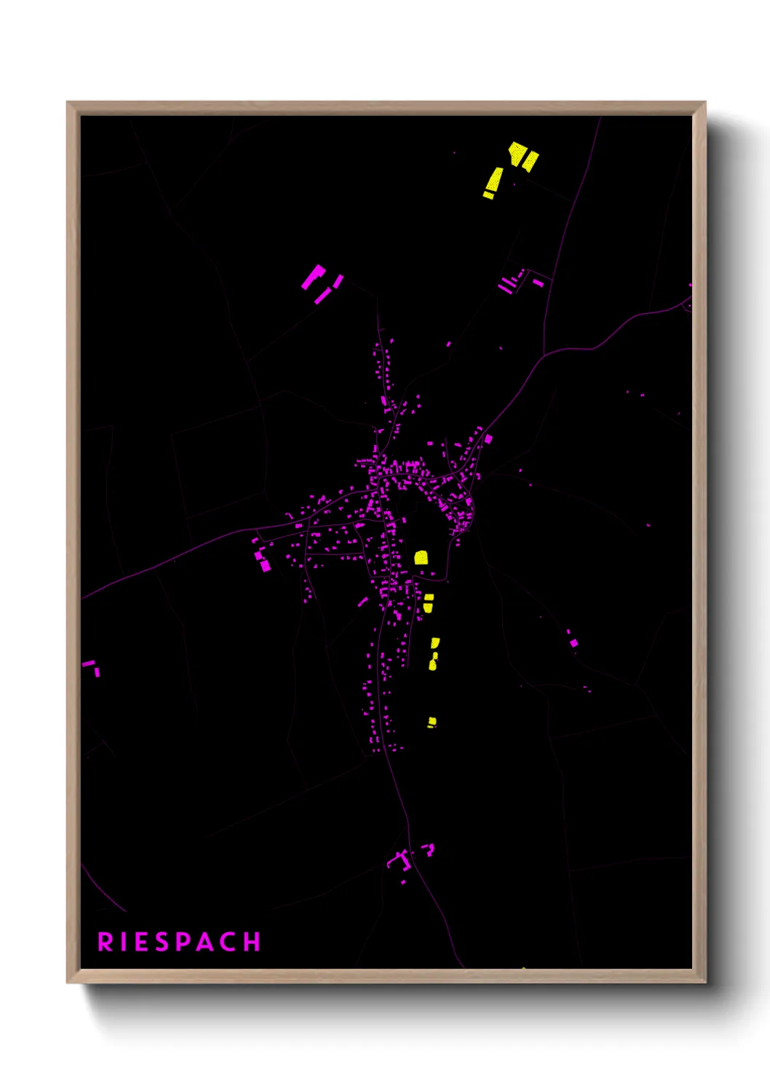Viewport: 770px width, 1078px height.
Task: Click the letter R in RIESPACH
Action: pos(106,942)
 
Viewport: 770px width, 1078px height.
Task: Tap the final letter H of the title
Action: pos(252,942)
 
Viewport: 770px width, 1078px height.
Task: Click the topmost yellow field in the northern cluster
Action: pos(517,154)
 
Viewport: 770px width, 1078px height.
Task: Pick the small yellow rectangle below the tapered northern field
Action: pos(488,195)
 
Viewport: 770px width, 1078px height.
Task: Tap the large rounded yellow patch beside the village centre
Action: pos(421,558)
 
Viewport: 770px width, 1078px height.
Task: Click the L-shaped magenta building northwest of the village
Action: pos(314,276)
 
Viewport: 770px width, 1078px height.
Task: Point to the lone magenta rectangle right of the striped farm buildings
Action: pos(538,282)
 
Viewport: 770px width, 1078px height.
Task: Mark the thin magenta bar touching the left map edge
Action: pos(88,664)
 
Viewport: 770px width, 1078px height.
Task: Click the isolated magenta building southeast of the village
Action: pos(573,642)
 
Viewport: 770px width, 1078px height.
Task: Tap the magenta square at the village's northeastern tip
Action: pos(488,438)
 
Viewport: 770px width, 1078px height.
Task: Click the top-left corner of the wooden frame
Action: pos(68,103)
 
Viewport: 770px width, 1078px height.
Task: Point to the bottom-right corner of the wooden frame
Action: pos(705,982)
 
